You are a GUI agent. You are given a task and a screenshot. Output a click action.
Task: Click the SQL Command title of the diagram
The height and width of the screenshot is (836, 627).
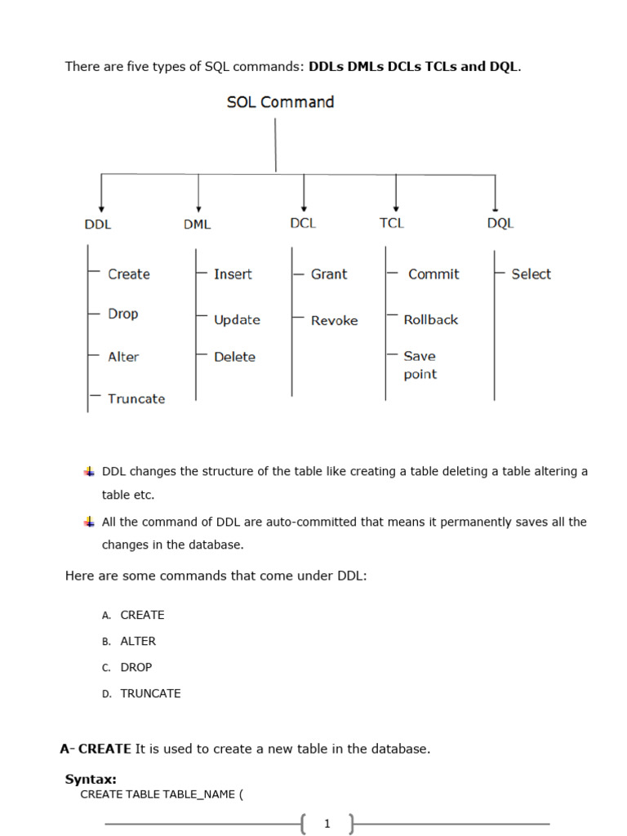(x=280, y=102)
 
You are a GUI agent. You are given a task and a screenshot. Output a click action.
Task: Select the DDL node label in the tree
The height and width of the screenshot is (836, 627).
(x=98, y=225)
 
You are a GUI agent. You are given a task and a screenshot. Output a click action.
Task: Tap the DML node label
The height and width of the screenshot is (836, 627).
(x=197, y=225)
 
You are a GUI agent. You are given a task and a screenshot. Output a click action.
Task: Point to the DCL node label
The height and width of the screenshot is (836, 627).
(x=303, y=223)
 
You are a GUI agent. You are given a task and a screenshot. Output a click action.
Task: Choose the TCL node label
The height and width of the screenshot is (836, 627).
(x=392, y=223)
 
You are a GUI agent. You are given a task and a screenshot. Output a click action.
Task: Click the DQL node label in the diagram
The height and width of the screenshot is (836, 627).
(x=500, y=223)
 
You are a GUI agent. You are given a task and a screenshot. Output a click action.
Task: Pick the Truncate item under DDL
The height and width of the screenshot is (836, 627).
(x=136, y=398)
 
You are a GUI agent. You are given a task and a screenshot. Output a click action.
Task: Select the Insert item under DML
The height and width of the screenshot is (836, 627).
(x=233, y=274)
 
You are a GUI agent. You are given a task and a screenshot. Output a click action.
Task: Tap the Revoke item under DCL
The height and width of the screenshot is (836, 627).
(x=334, y=321)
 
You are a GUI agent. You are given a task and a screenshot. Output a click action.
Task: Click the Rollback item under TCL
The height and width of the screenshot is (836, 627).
(x=431, y=320)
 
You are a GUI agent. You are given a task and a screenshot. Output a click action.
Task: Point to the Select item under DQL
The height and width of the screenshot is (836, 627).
(x=531, y=274)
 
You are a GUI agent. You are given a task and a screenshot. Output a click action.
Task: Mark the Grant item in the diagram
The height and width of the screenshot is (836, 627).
(x=329, y=274)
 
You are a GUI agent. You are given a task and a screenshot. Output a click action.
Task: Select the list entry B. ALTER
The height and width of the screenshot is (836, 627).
(x=137, y=641)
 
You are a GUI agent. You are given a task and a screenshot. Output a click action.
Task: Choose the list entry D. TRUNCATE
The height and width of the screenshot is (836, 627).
(x=150, y=693)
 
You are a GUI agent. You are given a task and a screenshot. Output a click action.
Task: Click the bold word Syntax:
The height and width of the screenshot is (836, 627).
(x=91, y=780)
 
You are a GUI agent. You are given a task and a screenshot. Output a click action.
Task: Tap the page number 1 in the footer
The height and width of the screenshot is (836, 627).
(x=327, y=824)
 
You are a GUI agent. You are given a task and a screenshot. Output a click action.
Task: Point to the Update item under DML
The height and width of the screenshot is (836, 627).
(x=237, y=320)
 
